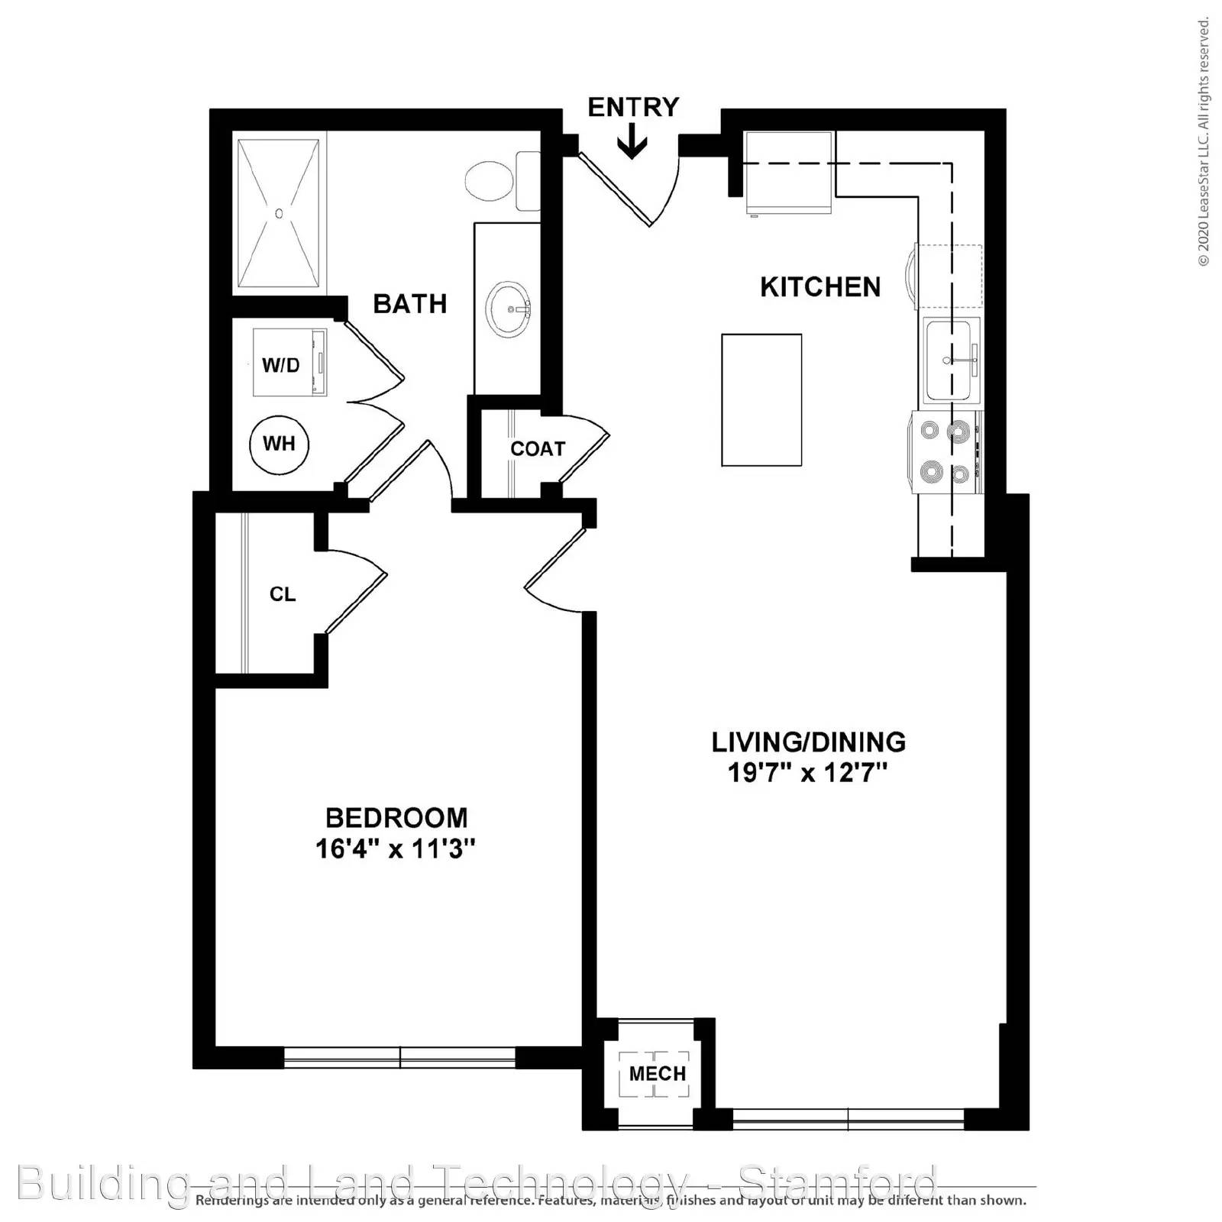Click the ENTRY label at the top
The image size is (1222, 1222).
click(633, 108)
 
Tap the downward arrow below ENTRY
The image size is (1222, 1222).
click(632, 144)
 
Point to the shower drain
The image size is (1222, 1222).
click(279, 214)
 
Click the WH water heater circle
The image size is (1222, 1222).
click(279, 444)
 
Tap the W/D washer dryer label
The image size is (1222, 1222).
click(281, 365)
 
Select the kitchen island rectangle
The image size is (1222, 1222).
click(761, 399)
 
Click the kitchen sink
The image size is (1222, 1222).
click(949, 360)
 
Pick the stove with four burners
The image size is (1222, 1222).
click(946, 452)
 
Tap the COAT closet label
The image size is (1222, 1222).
click(538, 449)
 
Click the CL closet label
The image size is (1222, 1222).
click(283, 594)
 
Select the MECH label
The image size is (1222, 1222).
click(657, 1074)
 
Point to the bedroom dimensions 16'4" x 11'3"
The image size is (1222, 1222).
click(396, 849)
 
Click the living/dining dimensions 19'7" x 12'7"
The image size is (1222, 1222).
click(808, 773)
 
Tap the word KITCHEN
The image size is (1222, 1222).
click(820, 287)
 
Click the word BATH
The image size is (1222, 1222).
click(409, 304)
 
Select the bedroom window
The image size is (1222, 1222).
click(399, 1057)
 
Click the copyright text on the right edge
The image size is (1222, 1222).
click(1204, 141)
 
